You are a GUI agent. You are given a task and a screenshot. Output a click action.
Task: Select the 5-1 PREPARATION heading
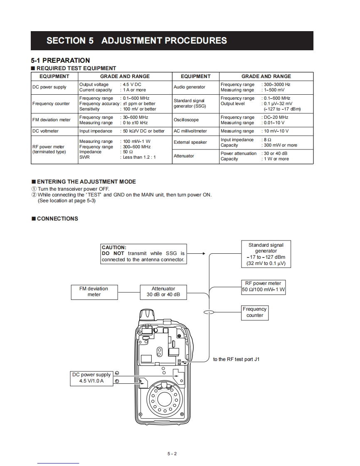coord(60,60)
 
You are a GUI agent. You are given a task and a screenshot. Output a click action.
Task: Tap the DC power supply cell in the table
coord(49,87)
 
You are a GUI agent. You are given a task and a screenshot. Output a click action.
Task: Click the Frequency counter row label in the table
coord(51,103)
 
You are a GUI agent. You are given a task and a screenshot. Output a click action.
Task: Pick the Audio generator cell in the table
coord(190,87)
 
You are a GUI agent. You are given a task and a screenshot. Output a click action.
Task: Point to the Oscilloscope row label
coord(186,120)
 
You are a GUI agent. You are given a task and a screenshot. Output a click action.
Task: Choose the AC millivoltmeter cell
coord(190,131)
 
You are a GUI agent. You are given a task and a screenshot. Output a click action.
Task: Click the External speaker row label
coord(190,142)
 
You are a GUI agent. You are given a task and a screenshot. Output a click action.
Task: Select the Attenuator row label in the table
coord(184,156)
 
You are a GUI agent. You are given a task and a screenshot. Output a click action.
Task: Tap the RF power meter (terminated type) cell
coord(49,150)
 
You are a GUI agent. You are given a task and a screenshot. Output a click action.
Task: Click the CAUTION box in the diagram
coord(143,253)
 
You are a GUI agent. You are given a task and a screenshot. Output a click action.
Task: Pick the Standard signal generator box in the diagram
coord(266,254)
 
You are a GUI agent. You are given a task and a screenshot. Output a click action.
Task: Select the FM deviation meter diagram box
coord(94,292)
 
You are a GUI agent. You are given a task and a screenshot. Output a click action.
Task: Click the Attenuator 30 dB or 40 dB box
coord(163,292)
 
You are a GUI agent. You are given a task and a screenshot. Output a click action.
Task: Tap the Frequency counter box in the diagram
coord(255,312)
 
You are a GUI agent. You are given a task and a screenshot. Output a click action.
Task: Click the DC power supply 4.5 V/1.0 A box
coord(91,378)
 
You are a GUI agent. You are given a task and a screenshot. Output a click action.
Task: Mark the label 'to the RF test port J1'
coord(236,359)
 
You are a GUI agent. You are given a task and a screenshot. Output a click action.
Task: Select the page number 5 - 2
coord(172,454)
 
